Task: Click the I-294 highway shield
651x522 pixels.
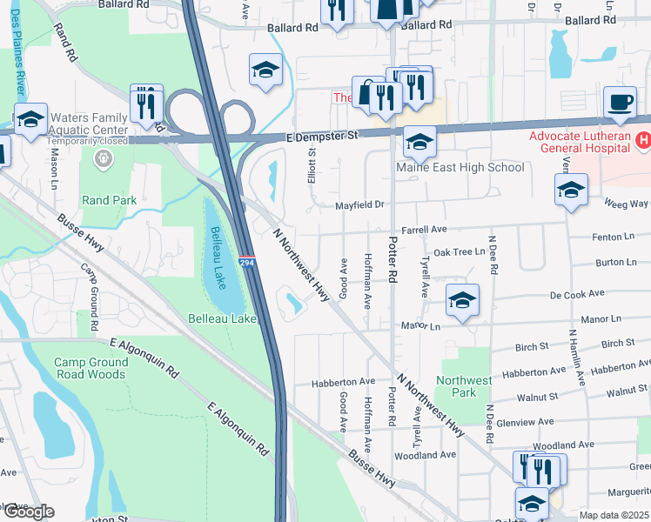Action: coord(247,260)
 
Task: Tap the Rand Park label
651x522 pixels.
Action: coord(109,200)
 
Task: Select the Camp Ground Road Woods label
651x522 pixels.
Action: coord(90,368)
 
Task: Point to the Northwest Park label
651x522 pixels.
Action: coord(465,386)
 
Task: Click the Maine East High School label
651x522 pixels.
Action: coord(460,167)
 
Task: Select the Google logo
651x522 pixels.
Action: coord(28,512)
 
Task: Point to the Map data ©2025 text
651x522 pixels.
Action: coord(614,515)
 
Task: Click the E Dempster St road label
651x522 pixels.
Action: coord(322,137)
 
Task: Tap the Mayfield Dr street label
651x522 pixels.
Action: coord(360,206)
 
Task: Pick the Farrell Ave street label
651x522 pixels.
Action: coord(424,229)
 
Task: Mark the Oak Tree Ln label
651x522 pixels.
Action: coord(459,251)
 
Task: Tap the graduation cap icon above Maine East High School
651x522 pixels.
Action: coord(419,141)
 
